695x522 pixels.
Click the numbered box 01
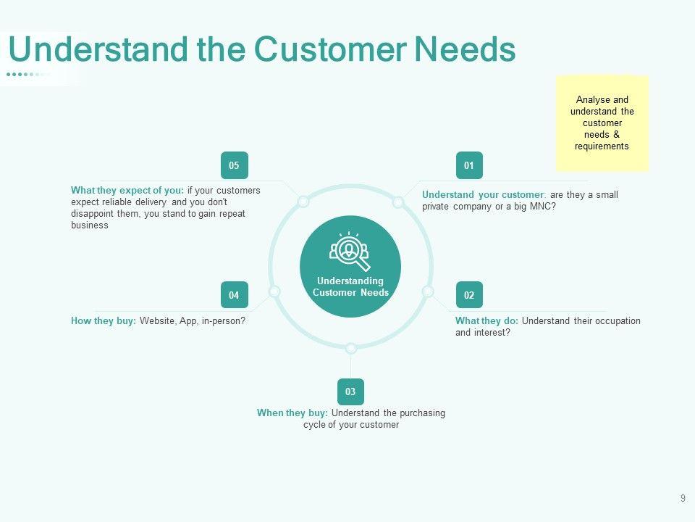pyautogui.click(x=469, y=165)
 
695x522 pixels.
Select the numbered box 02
pyautogui.click(x=469, y=295)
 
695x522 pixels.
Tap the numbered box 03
pyautogui.click(x=350, y=391)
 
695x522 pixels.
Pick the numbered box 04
pyautogui.click(x=234, y=295)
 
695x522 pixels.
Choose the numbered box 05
pyautogui.click(x=234, y=165)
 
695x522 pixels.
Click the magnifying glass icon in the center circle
pyautogui.click(x=350, y=251)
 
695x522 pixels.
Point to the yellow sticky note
pyautogui.click(x=602, y=123)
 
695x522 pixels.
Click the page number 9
pyautogui.click(x=683, y=498)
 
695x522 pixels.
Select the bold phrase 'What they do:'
pyautogui.click(x=486, y=321)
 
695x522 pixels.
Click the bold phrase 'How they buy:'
pyautogui.click(x=104, y=321)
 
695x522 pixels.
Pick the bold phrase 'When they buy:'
pyautogui.click(x=292, y=413)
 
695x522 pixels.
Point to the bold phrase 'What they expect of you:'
pyautogui.click(x=127, y=191)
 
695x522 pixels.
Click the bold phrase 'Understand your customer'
pyautogui.click(x=483, y=195)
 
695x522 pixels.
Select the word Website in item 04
pyautogui.click(x=157, y=321)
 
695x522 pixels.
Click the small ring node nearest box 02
pyautogui.click(x=428, y=291)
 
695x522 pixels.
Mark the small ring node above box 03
pyautogui.click(x=350, y=347)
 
